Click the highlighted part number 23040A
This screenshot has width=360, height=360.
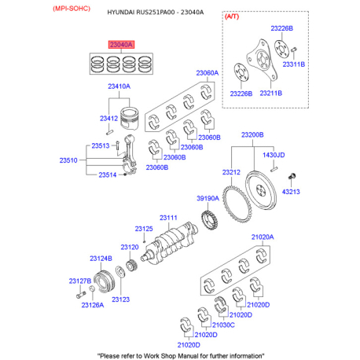click(121, 45)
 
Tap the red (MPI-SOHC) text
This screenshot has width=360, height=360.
click(72, 9)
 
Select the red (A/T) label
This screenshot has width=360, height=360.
click(232, 17)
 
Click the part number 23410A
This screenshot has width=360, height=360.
click(119, 86)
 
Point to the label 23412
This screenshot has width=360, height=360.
click(108, 119)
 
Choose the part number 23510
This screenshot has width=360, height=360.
click(68, 160)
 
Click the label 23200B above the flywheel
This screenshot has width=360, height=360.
click(252, 135)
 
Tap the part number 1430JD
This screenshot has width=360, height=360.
click(274, 155)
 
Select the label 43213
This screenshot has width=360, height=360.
click(291, 192)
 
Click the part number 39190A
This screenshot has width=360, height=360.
click(208, 198)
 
